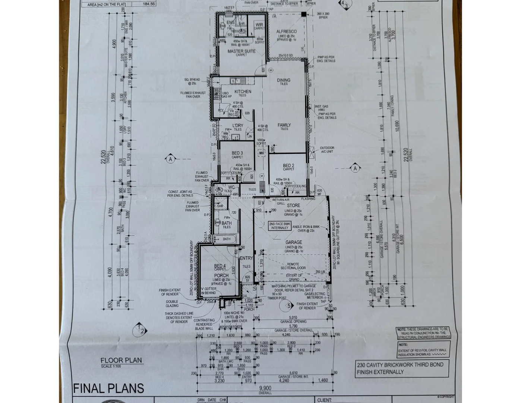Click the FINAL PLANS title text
[108, 388]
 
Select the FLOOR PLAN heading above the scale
[121, 360]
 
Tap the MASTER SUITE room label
[241, 51]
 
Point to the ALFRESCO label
[287, 32]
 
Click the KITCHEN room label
[243, 91]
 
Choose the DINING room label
[284, 80]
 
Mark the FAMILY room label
[284, 125]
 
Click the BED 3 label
[237, 153]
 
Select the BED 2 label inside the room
[288, 166]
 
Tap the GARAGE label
[294, 242]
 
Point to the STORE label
[293, 206]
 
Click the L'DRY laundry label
[238, 125]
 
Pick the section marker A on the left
[170, 159]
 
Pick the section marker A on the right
[355, 168]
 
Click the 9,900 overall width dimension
[265, 388]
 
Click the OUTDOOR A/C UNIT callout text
[327, 150]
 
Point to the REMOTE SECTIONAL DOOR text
[293, 266]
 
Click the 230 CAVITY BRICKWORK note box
[400, 368]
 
